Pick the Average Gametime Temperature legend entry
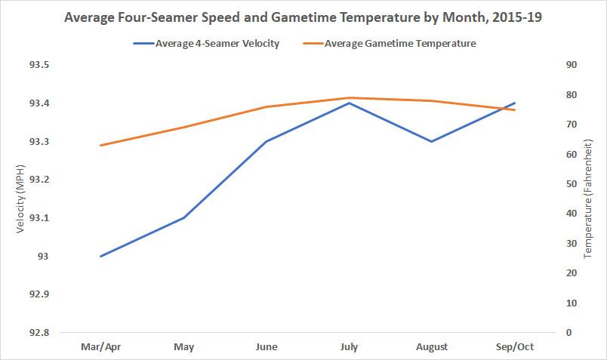click(400, 43)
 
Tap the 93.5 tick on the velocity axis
click(39, 65)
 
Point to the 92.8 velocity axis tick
click(39, 333)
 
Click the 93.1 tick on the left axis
click(39, 218)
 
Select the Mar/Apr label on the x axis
click(100, 347)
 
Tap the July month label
click(349, 347)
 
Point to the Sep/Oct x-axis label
click(515, 347)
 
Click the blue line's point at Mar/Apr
click(100, 256)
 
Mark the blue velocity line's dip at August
click(432, 141)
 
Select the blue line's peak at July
click(349, 103)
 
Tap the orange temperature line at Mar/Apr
click(100, 145)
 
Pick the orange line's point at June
click(267, 107)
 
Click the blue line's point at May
click(183, 217)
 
